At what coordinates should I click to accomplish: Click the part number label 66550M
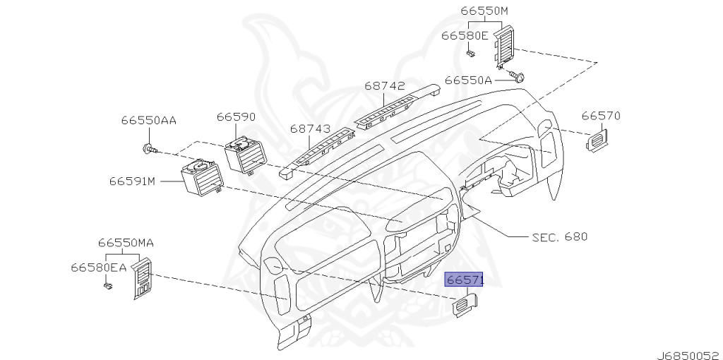(484, 11)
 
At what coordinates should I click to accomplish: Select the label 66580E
(465, 35)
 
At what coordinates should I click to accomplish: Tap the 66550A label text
(468, 80)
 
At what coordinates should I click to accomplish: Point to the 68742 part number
(385, 86)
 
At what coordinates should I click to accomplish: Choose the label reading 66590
(236, 117)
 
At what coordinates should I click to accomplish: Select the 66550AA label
(148, 121)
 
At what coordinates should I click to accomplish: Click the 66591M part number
(132, 181)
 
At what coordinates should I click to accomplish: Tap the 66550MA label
(126, 243)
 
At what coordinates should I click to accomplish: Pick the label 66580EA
(98, 268)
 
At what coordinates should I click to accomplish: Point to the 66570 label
(600, 115)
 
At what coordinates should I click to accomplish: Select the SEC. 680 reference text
(559, 236)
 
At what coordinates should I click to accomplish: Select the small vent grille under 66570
(599, 140)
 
